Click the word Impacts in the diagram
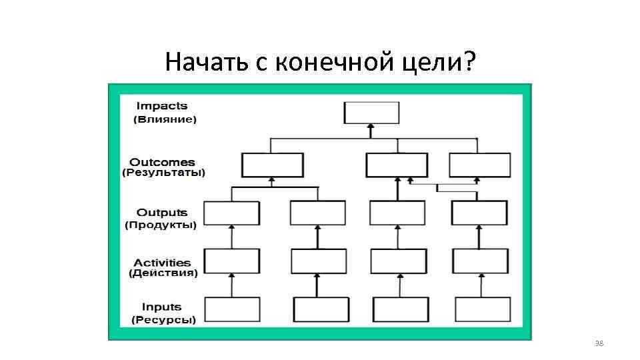(162, 106)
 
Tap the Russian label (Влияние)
(165, 120)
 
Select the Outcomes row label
(162, 162)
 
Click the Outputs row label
(162, 213)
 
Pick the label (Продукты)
(161, 225)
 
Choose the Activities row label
(162, 263)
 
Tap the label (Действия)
(163, 273)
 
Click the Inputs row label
(161, 307)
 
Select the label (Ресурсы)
(163, 320)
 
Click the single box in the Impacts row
(371, 113)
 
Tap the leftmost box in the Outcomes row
(272, 165)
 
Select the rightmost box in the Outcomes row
(480, 165)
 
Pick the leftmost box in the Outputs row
(231, 213)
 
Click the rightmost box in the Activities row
(480, 261)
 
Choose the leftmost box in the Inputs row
(231, 309)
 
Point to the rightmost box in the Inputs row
(483, 309)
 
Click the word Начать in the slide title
(206, 63)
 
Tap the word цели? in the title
(441, 63)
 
